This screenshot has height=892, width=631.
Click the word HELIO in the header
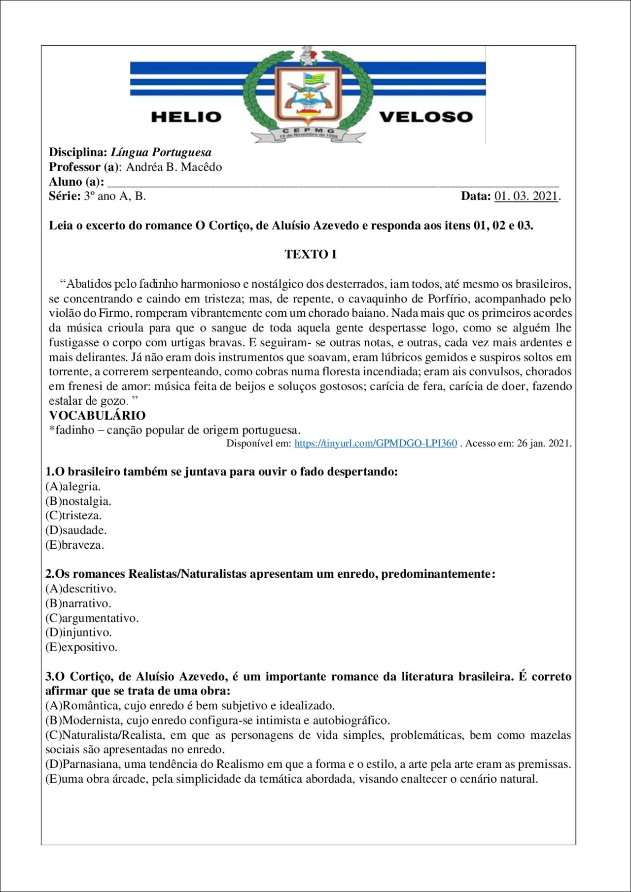[x=186, y=117]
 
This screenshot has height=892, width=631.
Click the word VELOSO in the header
[x=425, y=117]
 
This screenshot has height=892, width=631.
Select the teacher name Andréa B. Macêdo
[x=174, y=167]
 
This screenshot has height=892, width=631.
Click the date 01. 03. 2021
[x=526, y=196]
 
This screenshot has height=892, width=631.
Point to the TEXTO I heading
[x=311, y=254]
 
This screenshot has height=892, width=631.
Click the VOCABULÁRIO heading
[x=97, y=415]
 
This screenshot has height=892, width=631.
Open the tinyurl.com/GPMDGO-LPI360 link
[x=375, y=443]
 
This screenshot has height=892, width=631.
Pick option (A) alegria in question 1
[x=73, y=487]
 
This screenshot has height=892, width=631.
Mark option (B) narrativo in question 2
[x=78, y=603]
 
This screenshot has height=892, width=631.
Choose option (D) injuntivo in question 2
[x=78, y=632]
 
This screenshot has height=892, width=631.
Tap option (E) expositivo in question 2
[x=81, y=647]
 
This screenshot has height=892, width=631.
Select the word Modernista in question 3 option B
[x=93, y=721]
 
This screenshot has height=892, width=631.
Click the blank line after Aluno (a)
[x=333, y=183]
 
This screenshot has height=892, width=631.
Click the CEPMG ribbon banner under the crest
[x=308, y=133]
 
